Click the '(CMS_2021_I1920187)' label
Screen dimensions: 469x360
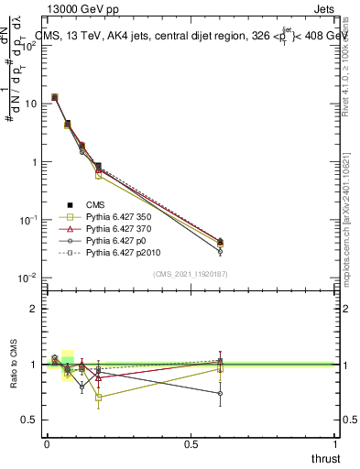pos(191,273)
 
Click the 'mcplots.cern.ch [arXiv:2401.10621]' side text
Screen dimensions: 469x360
pos(351,183)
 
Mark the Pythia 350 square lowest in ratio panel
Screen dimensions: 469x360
pos(98,398)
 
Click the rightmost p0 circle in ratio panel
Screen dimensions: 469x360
pos(220,393)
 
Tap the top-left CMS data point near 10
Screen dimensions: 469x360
pos(55,97)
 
